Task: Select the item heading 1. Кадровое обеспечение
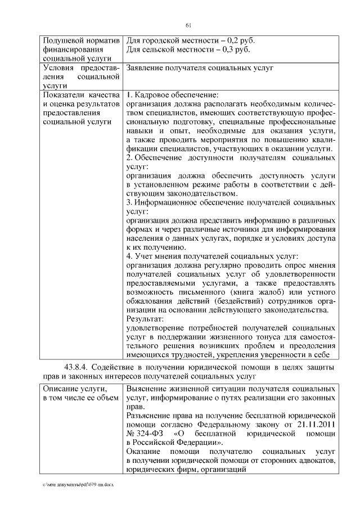coord(172,94)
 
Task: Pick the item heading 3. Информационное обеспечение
coord(197,202)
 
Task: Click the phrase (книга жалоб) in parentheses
coord(253,292)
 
